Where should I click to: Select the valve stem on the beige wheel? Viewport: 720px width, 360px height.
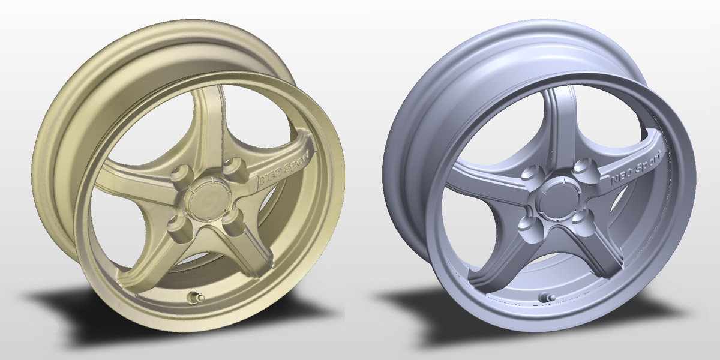click(195, 297)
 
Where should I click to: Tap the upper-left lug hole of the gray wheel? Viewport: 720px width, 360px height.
click(530, 175)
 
